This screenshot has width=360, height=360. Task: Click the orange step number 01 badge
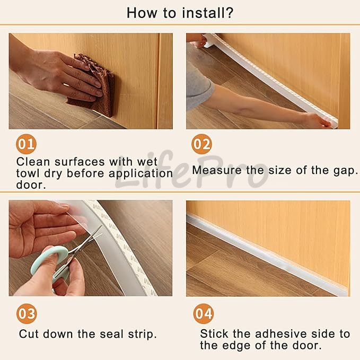click(x=26, y=144)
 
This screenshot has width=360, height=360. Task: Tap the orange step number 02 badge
click(x=201, y=144)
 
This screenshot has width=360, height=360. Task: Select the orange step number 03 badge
click(x=27, y=314)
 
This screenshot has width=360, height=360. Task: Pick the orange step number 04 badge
click(x=204, y=314)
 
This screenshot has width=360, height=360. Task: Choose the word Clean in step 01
click(x=33, y=162)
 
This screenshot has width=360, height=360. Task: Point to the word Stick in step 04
click(x=214, y=334)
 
